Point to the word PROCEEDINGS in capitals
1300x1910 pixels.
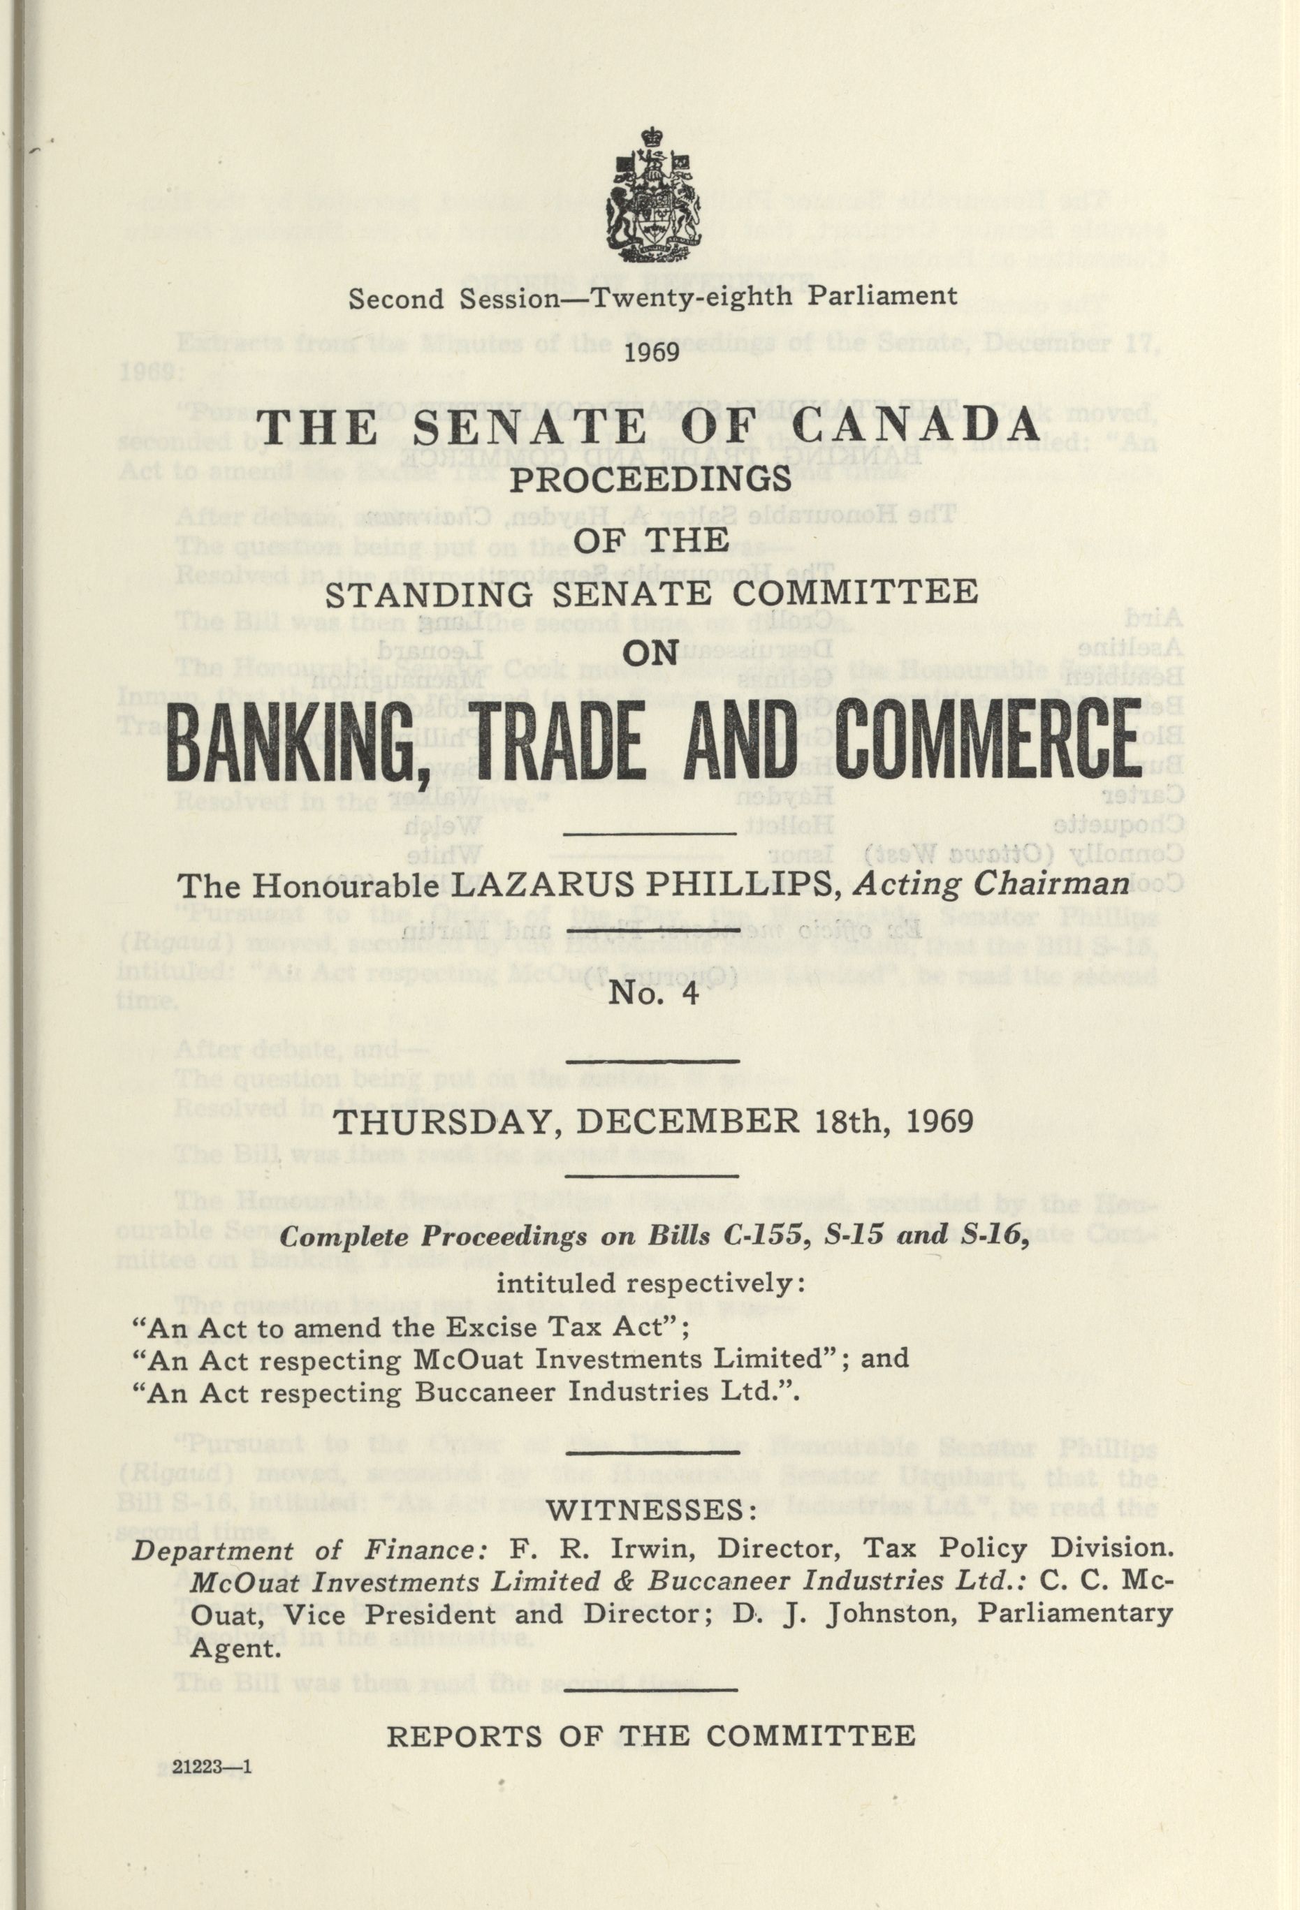point(651,479)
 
